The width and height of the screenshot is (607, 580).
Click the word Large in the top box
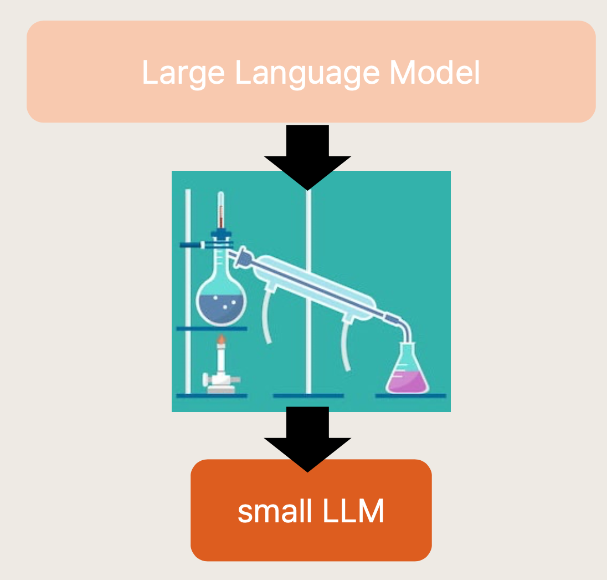[x=183, y=73]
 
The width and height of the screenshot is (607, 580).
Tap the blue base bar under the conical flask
[x=410, y=396]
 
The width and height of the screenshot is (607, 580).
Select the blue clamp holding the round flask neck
[x=194, y=245]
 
